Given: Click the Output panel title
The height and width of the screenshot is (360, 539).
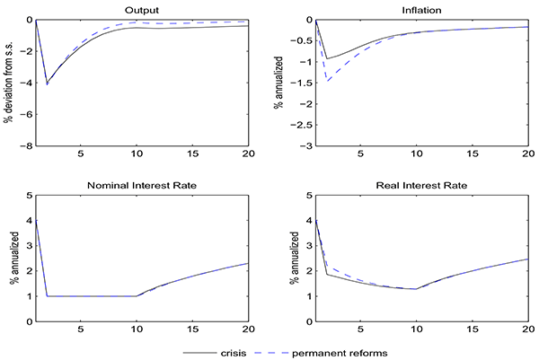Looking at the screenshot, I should click(142, 11).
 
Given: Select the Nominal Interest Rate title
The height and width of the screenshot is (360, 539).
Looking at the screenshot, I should click(142, 185).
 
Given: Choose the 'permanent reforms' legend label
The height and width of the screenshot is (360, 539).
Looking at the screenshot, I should click(346, 353).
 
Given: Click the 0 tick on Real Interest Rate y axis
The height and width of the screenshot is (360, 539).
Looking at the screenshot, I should click(308, 321).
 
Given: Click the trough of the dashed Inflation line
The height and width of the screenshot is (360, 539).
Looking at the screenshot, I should click(328, 82).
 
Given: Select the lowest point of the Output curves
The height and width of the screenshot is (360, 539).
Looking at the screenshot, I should click(47, 83).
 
